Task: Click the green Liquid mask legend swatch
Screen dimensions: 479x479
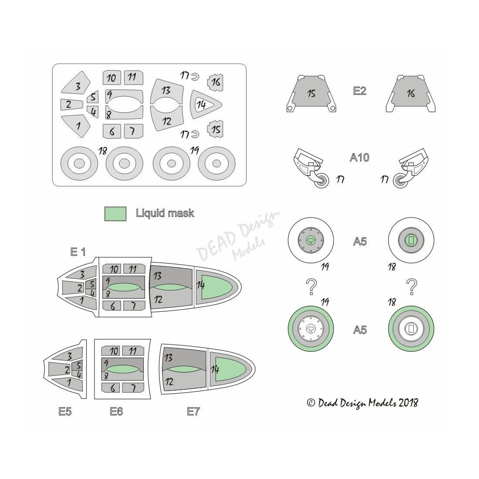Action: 115,213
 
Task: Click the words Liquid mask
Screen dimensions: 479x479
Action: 165,213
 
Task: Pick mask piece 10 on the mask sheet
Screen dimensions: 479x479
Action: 112,78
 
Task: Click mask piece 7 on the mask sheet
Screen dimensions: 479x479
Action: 134,131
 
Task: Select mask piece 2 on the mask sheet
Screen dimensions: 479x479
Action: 71,105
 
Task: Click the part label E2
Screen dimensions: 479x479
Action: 360,91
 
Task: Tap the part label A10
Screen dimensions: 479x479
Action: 360,157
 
